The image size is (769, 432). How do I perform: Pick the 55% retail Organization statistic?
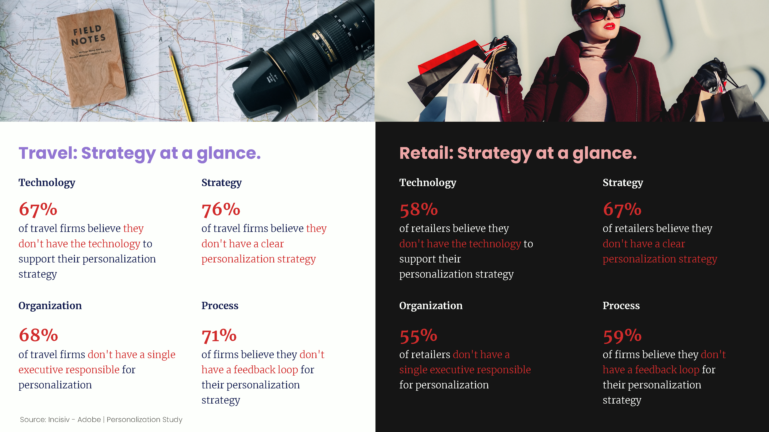(418, 336)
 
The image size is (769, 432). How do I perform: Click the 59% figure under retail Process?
(622, 336)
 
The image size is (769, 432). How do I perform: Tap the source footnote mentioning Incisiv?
(101, 420)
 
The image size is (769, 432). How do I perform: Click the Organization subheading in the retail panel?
(431, 306)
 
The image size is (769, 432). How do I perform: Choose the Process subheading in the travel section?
(220, 306)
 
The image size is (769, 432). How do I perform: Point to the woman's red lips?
(609, 26)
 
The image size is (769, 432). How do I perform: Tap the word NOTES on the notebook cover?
(88, 40)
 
